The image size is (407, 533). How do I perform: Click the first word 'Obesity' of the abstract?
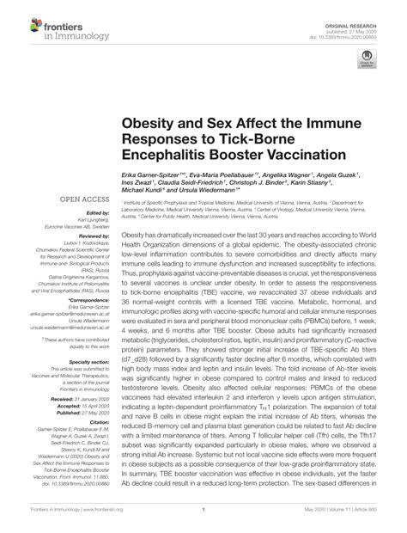133,235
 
